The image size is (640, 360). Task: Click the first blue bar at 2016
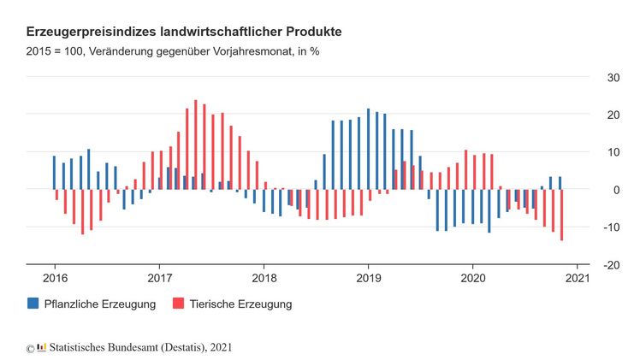[54, 172]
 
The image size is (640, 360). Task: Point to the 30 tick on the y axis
[612, 78]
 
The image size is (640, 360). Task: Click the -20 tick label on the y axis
[610, 265]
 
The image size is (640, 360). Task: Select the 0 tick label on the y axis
[615, 190]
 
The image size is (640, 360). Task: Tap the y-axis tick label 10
[612, 152]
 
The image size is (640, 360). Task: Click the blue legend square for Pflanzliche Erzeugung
[33, 304]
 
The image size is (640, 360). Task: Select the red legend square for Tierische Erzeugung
[178, 304]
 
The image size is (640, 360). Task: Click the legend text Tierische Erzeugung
[240, 304]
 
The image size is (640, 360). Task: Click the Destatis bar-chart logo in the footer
[41, 347]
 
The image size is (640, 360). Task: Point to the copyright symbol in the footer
[30, 348]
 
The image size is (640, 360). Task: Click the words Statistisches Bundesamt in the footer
[106, 347]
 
